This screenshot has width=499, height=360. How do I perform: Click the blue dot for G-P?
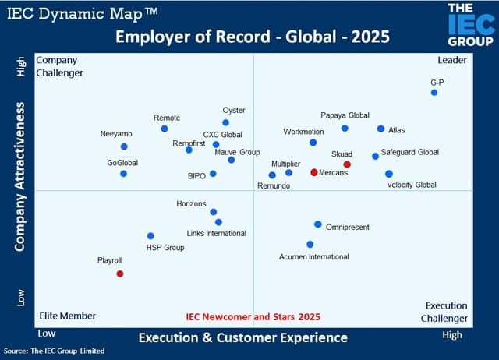[x=434, y=93]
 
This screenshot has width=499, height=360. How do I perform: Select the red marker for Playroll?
[x=120, y=274]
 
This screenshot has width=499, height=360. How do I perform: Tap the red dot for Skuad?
[x=347, y=164]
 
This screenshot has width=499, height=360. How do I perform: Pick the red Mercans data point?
[x=314, y=172]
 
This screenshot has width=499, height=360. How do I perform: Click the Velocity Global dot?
[x=389, y=174]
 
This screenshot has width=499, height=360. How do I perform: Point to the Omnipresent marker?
[x=318, y=224]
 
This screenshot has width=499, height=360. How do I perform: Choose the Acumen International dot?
[x=310, y=244]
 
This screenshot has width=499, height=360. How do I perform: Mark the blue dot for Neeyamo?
[x=124, y=146]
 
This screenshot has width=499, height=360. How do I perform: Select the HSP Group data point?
[x=150, y=235]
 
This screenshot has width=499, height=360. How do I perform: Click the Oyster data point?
[x=226, y=122]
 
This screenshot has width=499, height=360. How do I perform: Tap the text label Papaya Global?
[x=345, y=115]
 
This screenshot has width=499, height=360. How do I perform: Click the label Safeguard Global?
[x=409, y=152]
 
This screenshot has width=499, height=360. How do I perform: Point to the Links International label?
[x=216, y=233]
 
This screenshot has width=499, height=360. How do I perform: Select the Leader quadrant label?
[x=452, y=60]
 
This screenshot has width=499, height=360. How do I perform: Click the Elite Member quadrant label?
[x=68, y=316]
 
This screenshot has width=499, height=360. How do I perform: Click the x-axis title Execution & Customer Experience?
[x=243, y=337]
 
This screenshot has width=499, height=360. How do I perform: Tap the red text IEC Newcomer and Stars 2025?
[x=253, y=317]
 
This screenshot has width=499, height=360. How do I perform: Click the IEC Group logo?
[x=470, y=24]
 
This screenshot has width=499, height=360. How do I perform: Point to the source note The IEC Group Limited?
[x=54, y=351]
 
